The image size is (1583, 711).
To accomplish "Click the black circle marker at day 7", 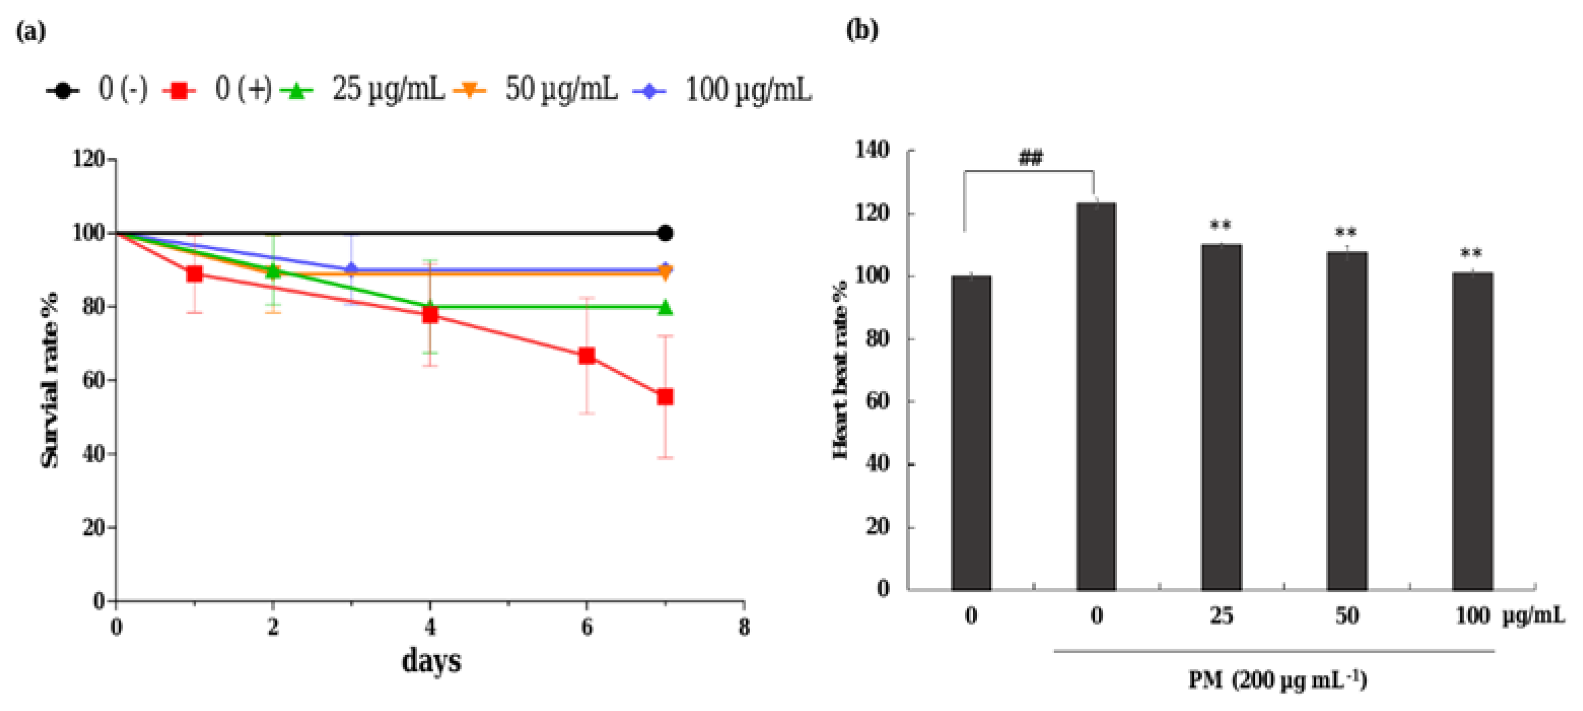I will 664,233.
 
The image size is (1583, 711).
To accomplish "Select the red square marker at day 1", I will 194,273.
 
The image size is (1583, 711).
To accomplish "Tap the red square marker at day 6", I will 587,356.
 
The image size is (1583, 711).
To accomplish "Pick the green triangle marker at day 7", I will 664,307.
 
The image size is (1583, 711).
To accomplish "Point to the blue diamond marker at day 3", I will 351,269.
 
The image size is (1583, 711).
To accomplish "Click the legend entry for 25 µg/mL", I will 363,90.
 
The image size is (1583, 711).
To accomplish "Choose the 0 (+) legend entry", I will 218,90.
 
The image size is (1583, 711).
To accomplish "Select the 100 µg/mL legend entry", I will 722,90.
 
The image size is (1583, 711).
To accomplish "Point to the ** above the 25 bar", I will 1220,226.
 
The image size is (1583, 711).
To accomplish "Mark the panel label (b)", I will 861,29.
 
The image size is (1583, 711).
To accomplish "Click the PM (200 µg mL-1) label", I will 1277,680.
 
